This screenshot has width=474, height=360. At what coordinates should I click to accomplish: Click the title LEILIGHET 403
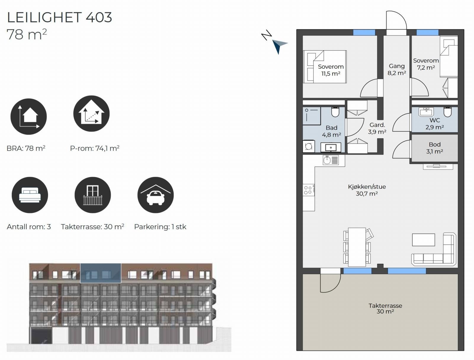coord(60,17)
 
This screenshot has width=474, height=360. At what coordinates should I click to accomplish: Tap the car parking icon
coord(156,195)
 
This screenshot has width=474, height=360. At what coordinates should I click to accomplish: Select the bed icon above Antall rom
coord(30,195)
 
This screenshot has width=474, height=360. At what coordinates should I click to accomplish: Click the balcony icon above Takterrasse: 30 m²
coord(93,195)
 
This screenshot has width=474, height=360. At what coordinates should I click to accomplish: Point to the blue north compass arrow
coord(279,46)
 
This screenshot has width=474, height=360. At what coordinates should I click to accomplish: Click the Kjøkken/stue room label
coord(367,190)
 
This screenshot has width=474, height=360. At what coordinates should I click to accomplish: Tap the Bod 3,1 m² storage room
coord(435,148)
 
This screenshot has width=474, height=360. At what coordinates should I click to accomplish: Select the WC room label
coord(435,123)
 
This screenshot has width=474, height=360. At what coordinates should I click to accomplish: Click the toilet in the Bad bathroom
coord(335,112)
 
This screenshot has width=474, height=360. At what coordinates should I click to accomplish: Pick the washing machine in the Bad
coord(309,147)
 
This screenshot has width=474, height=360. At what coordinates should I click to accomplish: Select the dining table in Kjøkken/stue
coord(357,247)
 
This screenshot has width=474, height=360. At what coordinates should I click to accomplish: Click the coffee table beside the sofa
coord(423,240)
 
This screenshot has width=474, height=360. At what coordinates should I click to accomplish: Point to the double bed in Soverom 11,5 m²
coord(325,67)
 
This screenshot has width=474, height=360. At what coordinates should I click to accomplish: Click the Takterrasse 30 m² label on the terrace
coord(385,308)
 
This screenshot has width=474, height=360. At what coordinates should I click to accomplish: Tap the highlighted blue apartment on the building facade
coord(101,273)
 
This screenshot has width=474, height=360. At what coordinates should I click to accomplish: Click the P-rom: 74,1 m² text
coord(95,148)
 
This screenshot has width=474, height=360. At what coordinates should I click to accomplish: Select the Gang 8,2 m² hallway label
coord(397,70)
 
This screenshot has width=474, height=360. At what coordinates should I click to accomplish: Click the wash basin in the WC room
coord(426,112)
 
